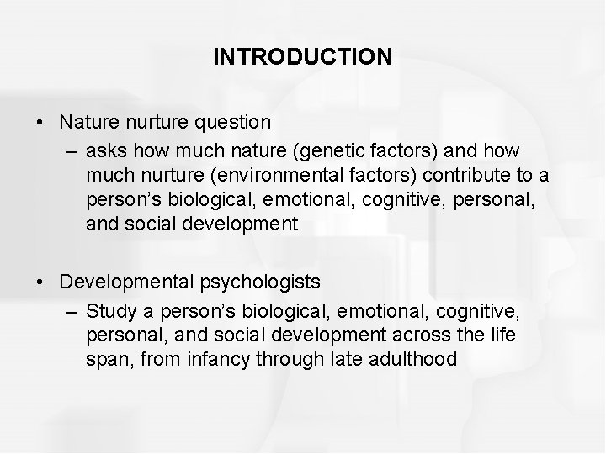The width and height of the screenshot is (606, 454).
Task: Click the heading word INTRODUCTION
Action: (302, 57)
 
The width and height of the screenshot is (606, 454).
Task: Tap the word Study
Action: (107, 313)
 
